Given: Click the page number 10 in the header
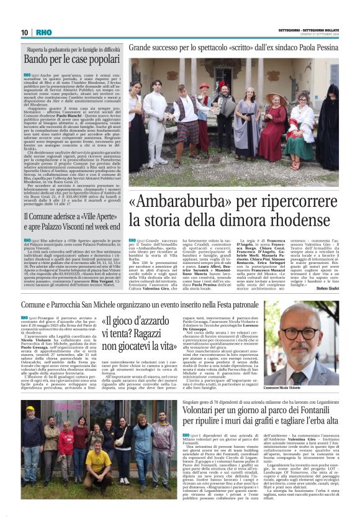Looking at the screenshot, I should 25,32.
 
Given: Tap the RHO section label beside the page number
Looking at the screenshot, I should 43,32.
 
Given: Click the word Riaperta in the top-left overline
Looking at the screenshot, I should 36,48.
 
